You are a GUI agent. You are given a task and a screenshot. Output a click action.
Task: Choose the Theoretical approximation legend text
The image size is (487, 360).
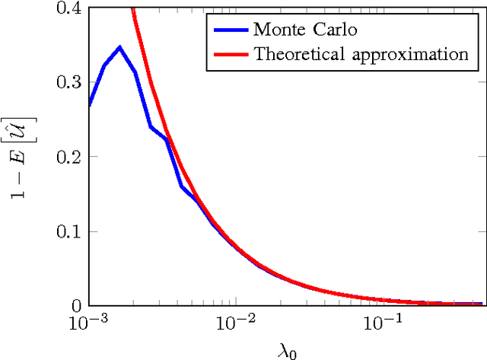click(361, 55)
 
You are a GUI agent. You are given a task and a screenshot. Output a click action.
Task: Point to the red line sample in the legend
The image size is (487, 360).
click(228, 54)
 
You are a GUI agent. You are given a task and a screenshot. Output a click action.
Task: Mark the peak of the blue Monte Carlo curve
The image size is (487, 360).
click(119, 47)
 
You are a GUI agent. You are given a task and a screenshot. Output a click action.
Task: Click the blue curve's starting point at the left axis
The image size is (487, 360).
click(90, 106)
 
